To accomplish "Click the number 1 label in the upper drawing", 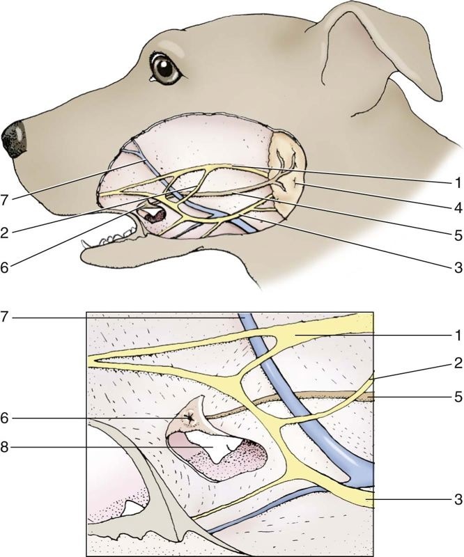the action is click(x=456, y=182).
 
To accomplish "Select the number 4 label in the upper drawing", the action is click(x=456, y=207).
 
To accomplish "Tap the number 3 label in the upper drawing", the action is click(x=456, y=265).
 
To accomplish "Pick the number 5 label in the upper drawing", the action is click(x=456, y=235).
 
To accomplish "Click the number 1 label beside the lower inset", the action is click(x=456, y=335).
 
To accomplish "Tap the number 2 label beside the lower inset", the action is click(x=456, y=362).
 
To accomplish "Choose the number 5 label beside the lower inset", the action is click(x=456, y=398).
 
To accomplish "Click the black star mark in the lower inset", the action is click(x=190, y=418).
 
